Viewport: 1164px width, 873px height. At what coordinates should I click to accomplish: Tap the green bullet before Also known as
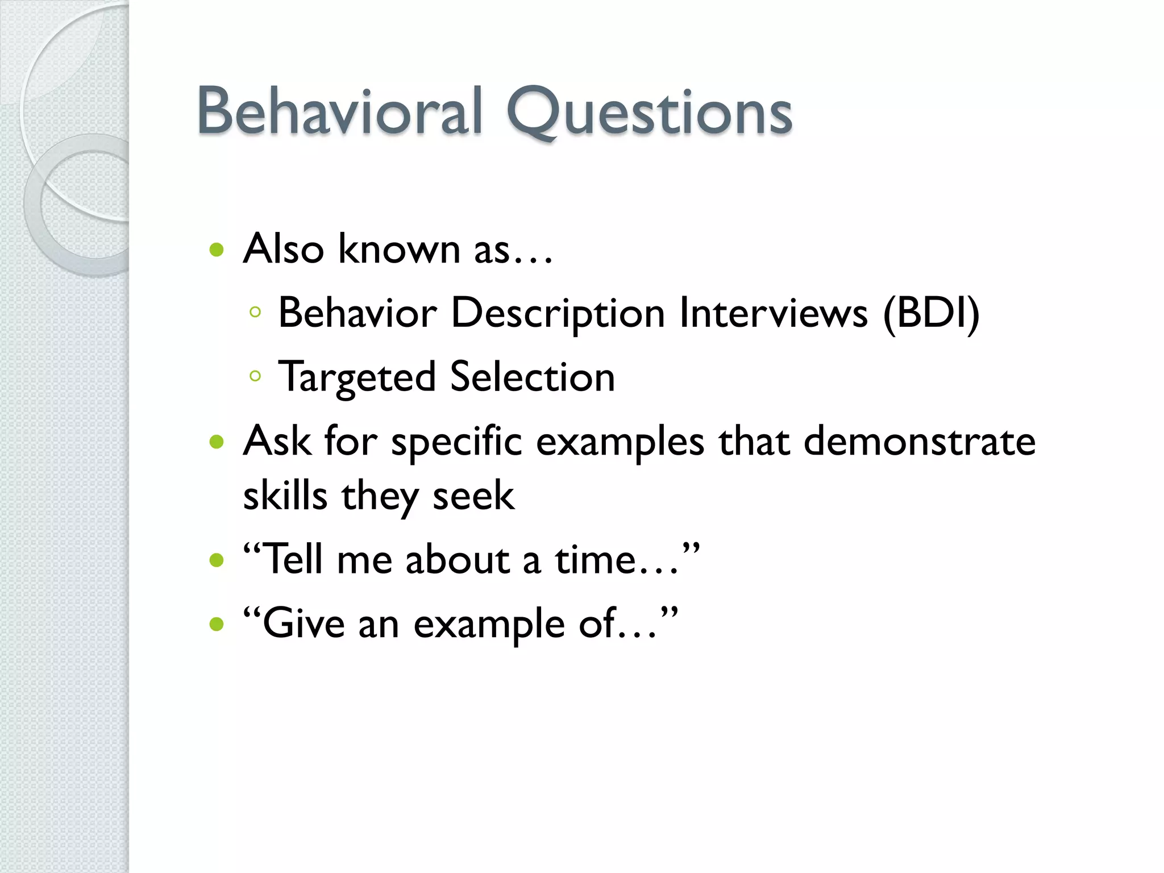tap(217, 250)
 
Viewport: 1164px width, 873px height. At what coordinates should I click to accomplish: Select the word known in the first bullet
tap(399, 250)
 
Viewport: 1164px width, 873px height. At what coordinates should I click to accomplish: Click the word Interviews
tap(774, 313)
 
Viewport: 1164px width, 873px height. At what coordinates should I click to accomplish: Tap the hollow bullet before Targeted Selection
tap(255, 376)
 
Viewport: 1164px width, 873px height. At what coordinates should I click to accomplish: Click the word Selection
tap(533, 377)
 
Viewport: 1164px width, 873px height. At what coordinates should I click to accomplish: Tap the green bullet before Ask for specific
tap(217, 442)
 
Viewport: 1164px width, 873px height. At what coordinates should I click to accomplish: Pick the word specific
tap(456, 443)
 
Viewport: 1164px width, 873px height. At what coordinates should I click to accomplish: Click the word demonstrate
tap(919, 442)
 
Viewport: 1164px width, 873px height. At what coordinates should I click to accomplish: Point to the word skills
tap(285, 495)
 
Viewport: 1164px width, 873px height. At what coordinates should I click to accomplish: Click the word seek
tap(473, 495)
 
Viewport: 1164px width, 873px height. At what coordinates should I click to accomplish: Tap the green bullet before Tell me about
tap(217, 561)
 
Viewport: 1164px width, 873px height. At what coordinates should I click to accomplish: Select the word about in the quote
tap(458, 560)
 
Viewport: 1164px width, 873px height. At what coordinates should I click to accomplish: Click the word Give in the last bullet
tap(304, 623)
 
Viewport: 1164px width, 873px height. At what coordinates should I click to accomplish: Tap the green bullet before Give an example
tap(217, 625)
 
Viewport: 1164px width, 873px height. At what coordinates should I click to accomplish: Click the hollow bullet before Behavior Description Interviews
tap(255, 311)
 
